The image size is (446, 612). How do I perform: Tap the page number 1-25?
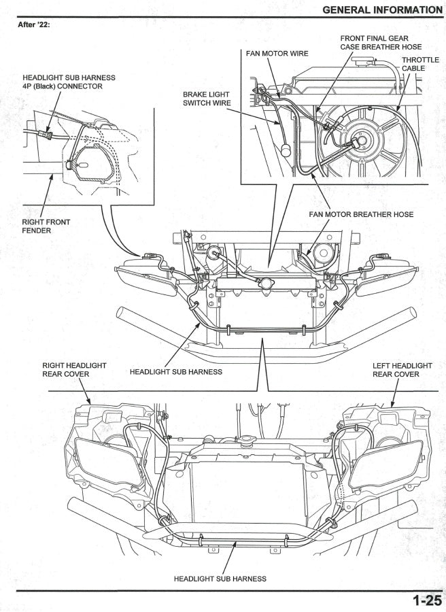tap(426, 600)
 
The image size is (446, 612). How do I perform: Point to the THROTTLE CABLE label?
tap(420, 64)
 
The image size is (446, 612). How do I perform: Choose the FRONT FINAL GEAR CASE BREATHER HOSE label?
tap(381, 42)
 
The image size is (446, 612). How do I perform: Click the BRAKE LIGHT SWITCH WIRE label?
tap(207, 99)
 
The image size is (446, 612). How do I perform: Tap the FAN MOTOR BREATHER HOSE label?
tap(361, 214)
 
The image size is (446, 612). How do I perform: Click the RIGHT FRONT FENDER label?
tap(46, 226)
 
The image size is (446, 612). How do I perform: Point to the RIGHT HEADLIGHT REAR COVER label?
tap(74, 370)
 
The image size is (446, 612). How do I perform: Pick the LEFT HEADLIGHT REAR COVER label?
tap(402, 370)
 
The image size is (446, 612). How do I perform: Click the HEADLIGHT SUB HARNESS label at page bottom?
tap(220, 579)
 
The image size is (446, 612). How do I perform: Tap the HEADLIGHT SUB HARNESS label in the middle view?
tap(175, 372)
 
